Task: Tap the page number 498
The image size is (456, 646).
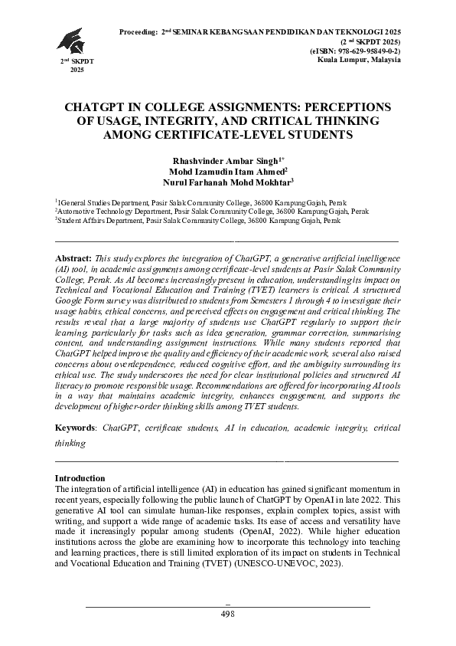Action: tap(227, 615)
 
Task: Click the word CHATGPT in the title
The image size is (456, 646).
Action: tap(97, 107)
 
